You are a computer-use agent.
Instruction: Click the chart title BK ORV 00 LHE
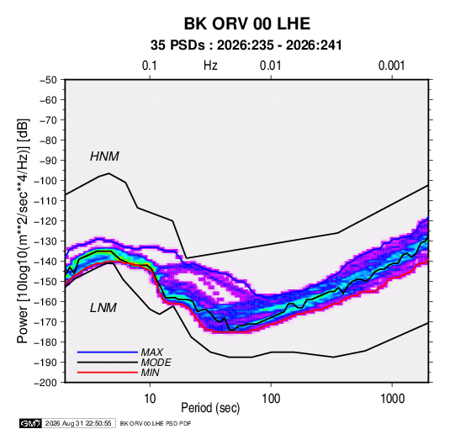click(x=246, y=24)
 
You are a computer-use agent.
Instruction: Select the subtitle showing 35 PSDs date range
click(x=246, y=45)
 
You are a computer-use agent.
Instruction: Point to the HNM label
click(x=104, y=156)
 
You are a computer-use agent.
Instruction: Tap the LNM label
click(x=103, y=308)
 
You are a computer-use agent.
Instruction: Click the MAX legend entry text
click(x=151, y=352)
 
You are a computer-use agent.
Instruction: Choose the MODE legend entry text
click(x=156, y=363)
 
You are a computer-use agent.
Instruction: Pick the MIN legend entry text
click(x=150, y=373)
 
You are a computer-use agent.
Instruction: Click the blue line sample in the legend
click(x=108, y=352)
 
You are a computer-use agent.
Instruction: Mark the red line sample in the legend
click(x=108, y=373)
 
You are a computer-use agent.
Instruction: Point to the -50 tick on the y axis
click(x=48, y=80)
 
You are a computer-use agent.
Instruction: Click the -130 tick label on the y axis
click(x=45, y=241)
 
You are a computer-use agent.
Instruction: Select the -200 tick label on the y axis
click(x=45, y=383)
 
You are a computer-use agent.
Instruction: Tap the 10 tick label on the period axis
click(x=150, y=399)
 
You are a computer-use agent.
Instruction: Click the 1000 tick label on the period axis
click(x=392, y=399)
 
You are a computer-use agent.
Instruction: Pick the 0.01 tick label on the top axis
click(x=270, y=66)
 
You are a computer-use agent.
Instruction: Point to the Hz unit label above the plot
click(x=210, y=66)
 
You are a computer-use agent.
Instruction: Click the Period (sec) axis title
click(x=210, y=408)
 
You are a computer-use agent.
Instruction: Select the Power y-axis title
click(x=23, y=231)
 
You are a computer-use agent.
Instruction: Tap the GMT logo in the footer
click(x=30, y=423)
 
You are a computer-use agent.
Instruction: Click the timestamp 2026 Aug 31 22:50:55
click(x=78, y=423)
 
